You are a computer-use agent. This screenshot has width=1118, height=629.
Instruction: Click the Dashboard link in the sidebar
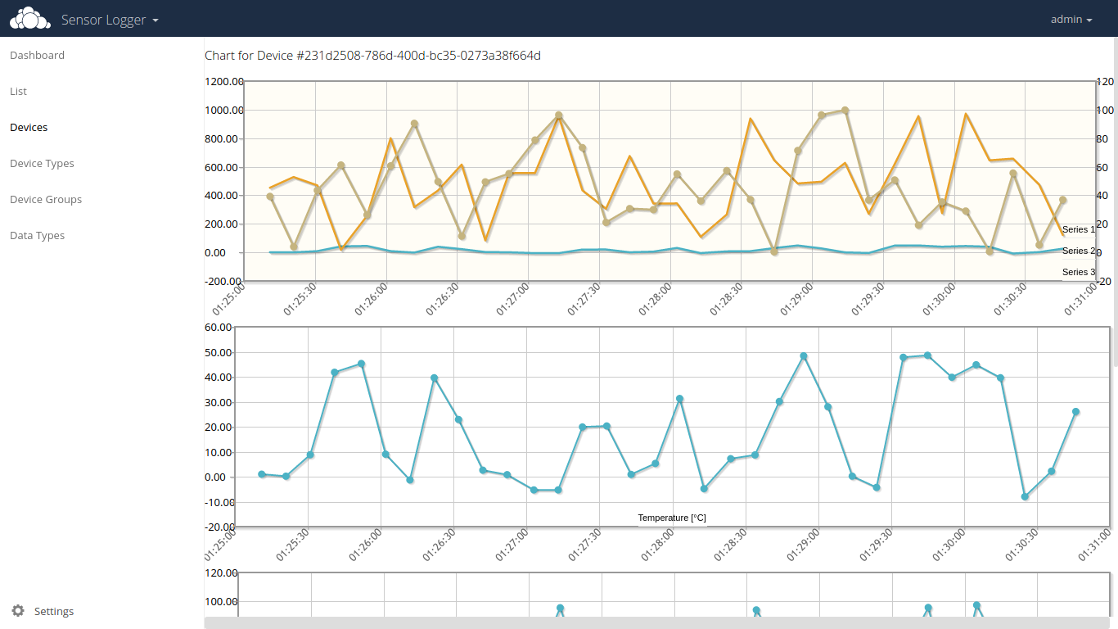tap(37, 56)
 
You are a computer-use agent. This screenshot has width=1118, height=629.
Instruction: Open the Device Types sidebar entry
tap(42, 164)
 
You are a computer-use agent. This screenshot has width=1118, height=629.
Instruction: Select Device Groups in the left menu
tap(46, 200)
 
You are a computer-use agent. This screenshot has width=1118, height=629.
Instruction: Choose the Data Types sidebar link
tap(37, 236)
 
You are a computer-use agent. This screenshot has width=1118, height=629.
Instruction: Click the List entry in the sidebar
tap(18, 92)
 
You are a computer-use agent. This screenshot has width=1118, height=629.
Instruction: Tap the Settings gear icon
tap(18, 611)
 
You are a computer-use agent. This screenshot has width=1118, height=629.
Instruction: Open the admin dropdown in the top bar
tap(1071, 20)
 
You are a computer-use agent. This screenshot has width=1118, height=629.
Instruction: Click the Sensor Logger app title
tap(110, 20)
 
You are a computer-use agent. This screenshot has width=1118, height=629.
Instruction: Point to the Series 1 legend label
tap(1078, 230)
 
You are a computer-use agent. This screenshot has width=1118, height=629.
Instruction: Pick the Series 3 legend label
tap(1078, 272)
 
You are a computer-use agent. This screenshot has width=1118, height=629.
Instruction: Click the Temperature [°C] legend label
tap(671, 518)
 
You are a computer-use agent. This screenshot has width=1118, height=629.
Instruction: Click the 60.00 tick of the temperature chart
tap(220, 328)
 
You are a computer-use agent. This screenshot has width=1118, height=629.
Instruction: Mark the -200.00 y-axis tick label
tap(223, 281)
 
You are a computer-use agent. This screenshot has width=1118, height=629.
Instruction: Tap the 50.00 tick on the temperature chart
tap(220, 353)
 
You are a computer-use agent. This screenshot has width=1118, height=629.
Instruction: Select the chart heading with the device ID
tap(372, 56)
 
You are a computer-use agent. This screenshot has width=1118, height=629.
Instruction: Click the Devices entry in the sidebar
tap(29, 128)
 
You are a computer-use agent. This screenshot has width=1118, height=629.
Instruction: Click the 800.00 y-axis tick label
tap(226, 139)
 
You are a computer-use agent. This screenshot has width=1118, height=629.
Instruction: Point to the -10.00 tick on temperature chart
tap(219, 503)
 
